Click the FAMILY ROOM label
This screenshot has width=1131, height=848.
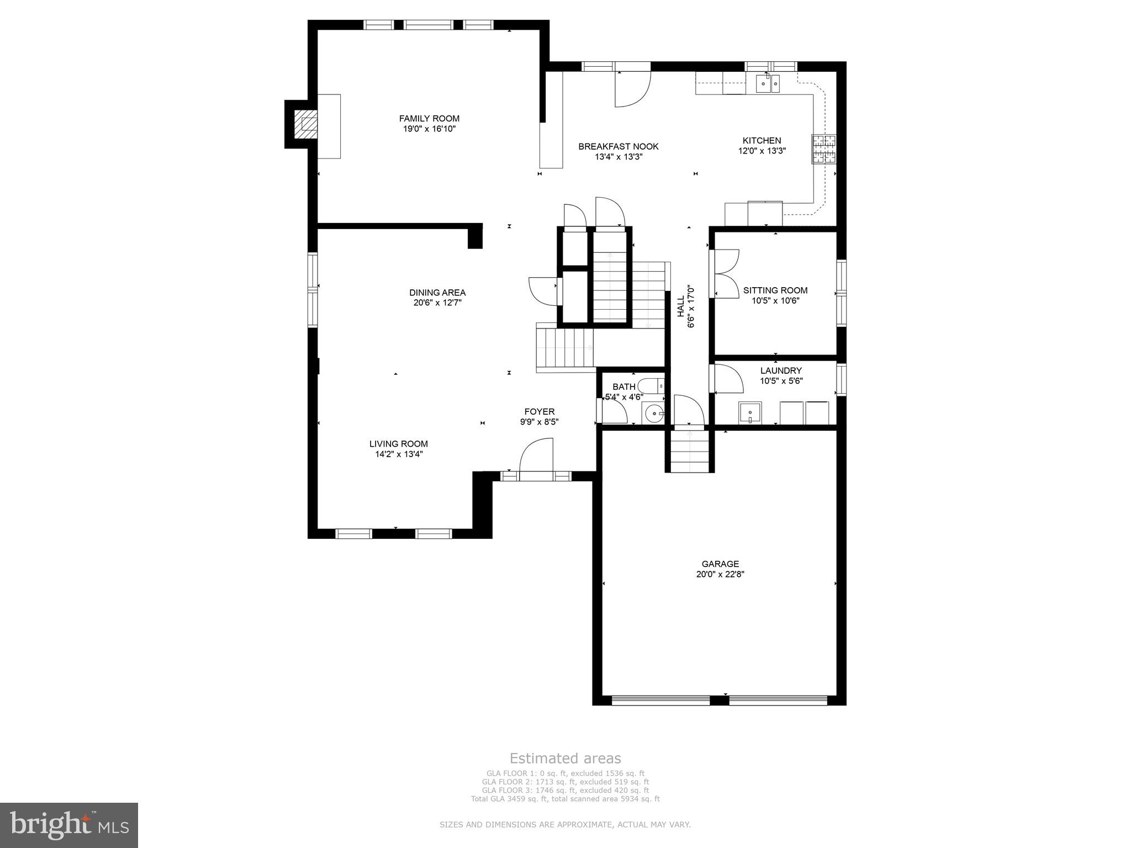click(429, 118)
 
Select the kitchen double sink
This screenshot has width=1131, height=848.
click(768, 85)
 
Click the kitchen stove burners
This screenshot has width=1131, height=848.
click(823, 149)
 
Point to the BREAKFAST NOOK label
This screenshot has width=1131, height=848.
click(618, 146)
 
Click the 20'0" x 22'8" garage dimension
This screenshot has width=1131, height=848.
click(720, 574)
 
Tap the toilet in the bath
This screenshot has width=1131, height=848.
click(652, 385)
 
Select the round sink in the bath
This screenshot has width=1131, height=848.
click(654, 412)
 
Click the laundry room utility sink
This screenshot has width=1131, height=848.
click(750, 412)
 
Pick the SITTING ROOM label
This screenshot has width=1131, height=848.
click(775, 290)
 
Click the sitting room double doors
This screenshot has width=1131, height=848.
click(726, 274)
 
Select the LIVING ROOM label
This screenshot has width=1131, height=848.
click(398, 444)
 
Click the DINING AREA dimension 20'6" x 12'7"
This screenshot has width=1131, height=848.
click(437, 303)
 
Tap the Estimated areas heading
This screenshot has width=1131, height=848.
click(565, 758)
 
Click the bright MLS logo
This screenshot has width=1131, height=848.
click(69, 825)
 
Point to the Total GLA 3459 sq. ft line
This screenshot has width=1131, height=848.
click(565, 799)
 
